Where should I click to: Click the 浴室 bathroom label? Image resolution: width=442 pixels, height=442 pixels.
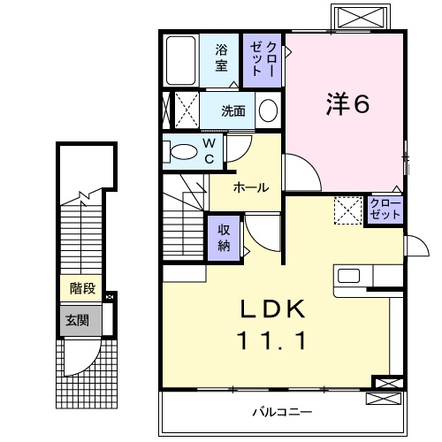point(221,58)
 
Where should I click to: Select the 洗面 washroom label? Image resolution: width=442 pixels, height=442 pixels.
point(233,111)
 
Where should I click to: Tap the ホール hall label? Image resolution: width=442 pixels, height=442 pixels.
point(251,187)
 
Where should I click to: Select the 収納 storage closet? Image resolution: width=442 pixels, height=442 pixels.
point(225,236)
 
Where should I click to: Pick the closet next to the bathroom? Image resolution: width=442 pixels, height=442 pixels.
point(264,59)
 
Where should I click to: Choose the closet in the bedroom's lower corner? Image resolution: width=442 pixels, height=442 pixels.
point(385,210)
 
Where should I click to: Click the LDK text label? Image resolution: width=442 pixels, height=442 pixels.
point(274,309)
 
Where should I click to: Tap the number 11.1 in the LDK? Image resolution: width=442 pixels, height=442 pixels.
point(274,340)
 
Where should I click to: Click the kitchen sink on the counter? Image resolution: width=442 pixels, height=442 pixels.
point(347,275)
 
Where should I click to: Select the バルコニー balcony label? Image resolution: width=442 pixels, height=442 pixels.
point(282,412)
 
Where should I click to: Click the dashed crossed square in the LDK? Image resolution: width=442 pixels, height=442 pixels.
point(347,210)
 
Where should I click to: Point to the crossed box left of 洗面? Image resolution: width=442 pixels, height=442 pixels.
point(185,110)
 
